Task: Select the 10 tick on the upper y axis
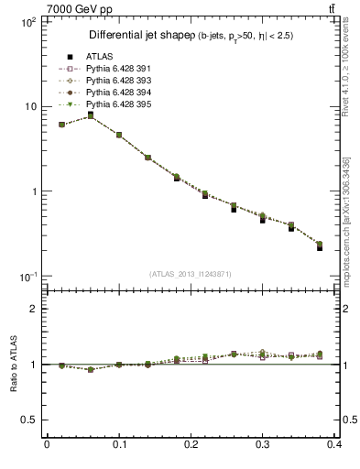(31, 106)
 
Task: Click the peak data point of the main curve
(90, 116)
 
